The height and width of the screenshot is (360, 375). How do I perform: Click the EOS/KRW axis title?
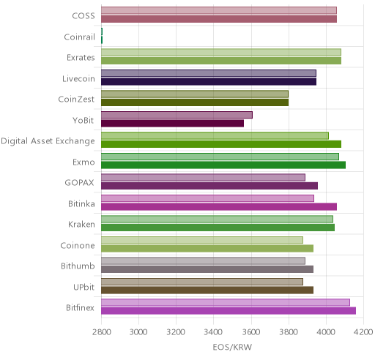point(232,347)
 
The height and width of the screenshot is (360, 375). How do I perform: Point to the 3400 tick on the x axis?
point(214,332)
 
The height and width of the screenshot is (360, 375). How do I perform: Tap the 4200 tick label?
point(363,332)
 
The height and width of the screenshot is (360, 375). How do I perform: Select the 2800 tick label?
point(102,332)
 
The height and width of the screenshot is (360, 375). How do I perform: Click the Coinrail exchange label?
point(79,37)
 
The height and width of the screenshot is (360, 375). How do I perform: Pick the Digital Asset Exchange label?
point(48,141)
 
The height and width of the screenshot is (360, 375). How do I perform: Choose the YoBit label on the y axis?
point(83,120)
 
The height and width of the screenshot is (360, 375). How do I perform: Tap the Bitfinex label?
point(80,307)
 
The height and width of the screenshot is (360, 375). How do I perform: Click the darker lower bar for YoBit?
point(172,124)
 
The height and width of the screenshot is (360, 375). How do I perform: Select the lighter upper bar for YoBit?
point(177,115)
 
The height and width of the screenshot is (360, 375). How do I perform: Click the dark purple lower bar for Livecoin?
point(209,82)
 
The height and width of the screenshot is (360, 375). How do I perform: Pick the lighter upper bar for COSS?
point(219,10)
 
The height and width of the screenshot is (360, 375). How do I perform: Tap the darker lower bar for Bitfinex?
point(229,311)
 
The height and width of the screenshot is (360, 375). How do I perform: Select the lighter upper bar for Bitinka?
point(207,198)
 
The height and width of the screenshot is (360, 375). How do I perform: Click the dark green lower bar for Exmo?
point(223,165)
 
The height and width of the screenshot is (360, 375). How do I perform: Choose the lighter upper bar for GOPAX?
point(203,177)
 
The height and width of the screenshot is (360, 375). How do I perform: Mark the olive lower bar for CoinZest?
point(195,102)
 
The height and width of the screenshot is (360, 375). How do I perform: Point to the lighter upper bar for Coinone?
point(202,240)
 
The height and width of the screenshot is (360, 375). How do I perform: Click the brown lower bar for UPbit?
point(207,290)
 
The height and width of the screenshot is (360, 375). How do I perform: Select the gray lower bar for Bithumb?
point(207,269)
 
